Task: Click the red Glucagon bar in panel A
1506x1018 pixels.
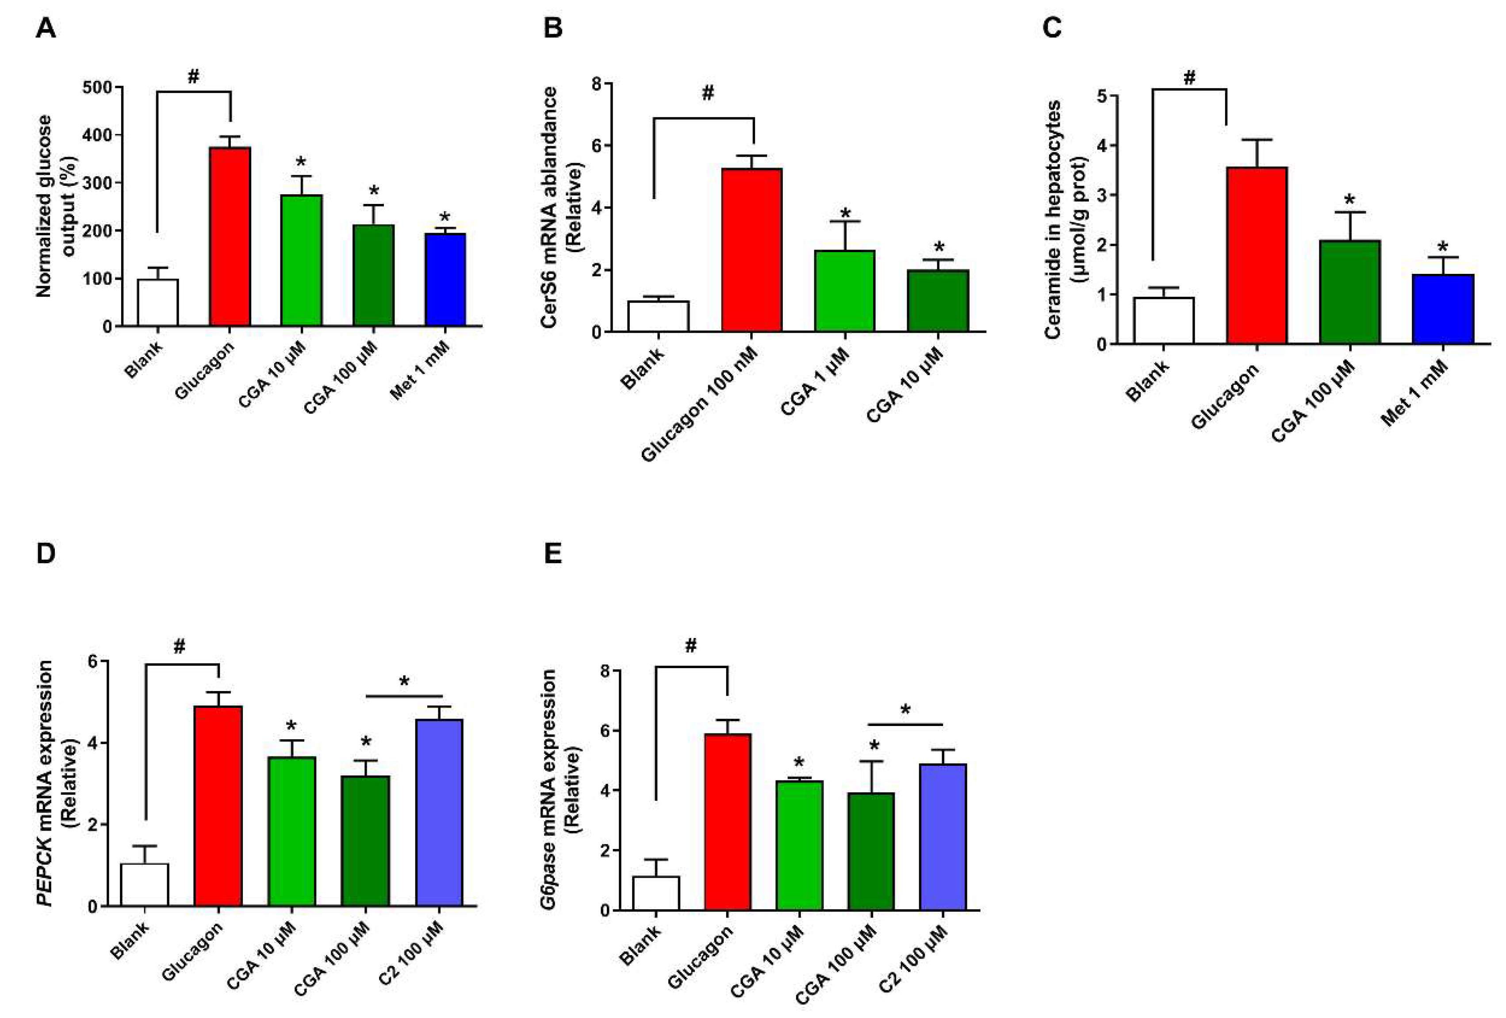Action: pos(230,237)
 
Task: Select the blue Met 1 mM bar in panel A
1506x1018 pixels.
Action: pos(445,280)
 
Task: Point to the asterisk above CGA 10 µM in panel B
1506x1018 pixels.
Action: pos(939,246)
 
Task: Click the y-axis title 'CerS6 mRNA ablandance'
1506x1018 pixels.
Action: pos(549,207)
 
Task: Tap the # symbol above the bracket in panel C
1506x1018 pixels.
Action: pos(1189,78)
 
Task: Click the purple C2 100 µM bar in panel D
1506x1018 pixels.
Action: pos(439,812)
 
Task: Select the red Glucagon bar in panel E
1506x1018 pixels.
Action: pos(728,822)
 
